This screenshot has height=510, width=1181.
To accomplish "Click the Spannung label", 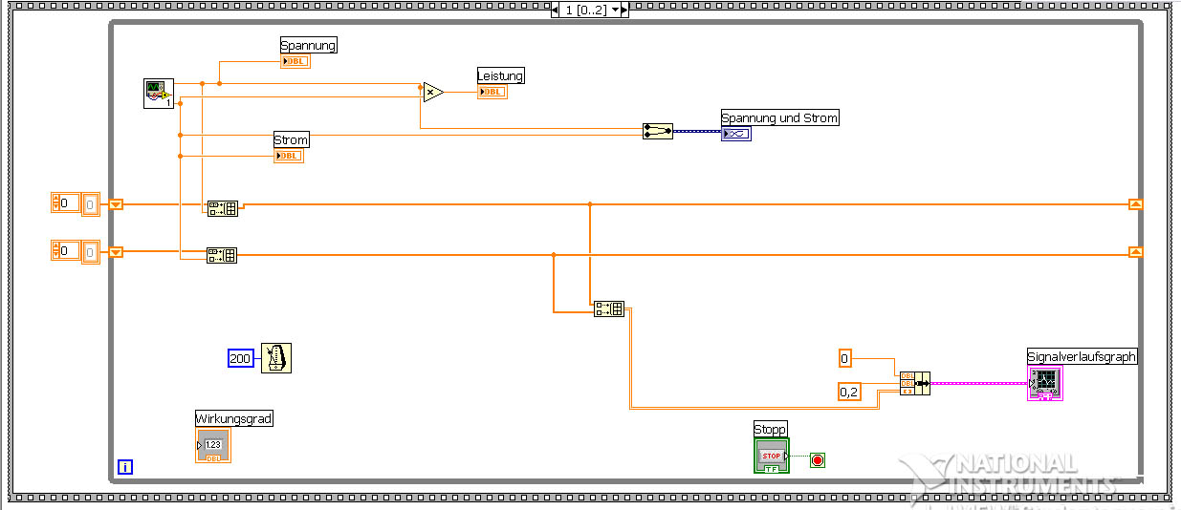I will tap(308, 45).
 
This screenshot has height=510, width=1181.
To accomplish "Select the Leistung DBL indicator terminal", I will tap(492, 92).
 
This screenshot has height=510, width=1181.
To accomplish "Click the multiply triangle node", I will tap(433, 92).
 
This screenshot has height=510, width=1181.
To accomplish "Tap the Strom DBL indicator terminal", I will tap(288, 156).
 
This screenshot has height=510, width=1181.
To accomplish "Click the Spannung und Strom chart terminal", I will tap(736, 134).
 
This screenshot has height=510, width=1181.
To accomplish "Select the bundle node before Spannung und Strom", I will tap(657, 131).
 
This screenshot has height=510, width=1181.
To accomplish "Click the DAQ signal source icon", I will tap(158, 94).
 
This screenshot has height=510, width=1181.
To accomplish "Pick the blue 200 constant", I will tap(240, 358).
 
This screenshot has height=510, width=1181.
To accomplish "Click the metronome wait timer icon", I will tap(275, 358).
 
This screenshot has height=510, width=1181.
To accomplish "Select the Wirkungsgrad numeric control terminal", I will tap(212, 445).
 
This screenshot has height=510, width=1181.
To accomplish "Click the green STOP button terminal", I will tap(771, 456).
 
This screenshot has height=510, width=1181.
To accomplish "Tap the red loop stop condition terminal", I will tap(817, 460).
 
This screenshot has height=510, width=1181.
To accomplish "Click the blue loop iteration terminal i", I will tap(125, 467).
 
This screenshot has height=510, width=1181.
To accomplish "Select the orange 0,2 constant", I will tap(848, 391).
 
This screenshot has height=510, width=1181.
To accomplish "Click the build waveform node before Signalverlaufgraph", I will tap(914, 383).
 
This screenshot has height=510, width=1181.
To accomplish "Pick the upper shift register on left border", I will tap(116, 203).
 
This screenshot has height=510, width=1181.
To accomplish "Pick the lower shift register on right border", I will tap(1135, 251).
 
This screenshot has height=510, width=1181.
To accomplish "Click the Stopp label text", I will tap(770, 429).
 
